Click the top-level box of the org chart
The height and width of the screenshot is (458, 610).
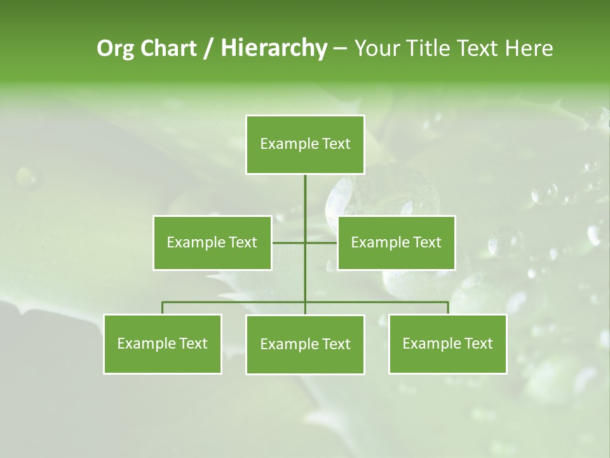[305, 144]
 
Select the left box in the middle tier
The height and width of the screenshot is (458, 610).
[212, 242]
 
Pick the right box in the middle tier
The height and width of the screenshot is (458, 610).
[396, 242]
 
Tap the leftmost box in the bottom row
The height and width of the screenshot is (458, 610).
[163, 344]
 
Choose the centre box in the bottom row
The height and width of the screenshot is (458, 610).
[305, 345]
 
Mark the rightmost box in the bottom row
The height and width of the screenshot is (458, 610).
[448, 344]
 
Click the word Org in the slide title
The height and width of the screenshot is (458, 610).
[115, 48]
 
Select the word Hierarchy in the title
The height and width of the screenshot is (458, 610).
[274, 48]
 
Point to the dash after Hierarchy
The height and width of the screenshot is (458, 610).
[340, 49]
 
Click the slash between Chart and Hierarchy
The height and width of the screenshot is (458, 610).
[208, 49]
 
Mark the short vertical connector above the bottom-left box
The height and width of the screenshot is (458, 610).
[163, 308]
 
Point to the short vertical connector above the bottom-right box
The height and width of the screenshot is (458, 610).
[448, 308]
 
